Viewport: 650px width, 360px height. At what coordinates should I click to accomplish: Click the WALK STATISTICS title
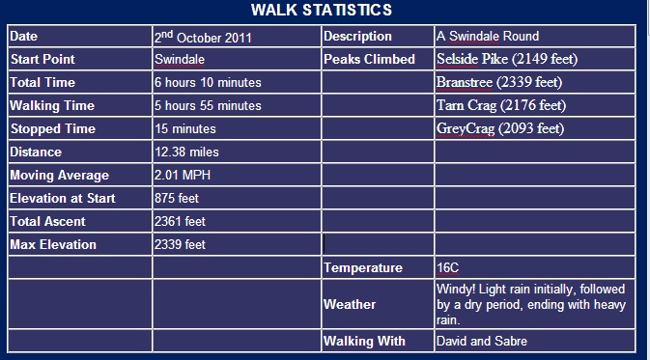point(322,11)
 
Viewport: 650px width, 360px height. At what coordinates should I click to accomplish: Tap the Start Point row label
point(43,59)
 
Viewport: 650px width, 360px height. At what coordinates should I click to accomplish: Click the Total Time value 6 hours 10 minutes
point(207,82)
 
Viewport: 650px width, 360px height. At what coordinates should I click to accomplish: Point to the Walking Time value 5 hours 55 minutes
point(207,105)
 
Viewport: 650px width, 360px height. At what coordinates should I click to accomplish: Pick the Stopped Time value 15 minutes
point(184,128)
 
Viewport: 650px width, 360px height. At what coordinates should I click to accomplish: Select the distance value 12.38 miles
point(186,152)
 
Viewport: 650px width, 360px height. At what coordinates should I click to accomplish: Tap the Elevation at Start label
point(62,198)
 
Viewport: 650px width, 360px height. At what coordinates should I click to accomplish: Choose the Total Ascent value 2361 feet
point(180,221)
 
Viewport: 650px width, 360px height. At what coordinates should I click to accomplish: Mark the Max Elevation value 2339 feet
point(180,244)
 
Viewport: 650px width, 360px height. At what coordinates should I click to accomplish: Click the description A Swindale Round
point(487,37)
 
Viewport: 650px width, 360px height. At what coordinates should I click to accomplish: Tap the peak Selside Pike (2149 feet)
point(507,59)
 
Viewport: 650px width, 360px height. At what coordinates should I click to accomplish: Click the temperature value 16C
point(447,267)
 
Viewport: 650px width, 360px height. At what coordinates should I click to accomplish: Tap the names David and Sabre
point(481,341)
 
